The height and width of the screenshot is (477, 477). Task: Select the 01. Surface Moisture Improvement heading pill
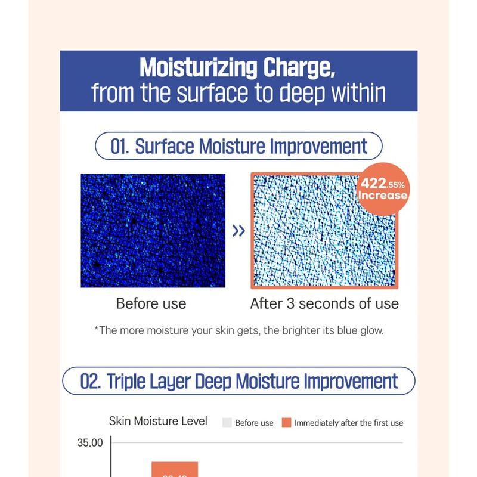(x=238, y=146)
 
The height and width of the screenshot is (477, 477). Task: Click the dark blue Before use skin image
(x=153, y=230)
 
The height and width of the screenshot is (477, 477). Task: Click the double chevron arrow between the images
(x=238, y=231)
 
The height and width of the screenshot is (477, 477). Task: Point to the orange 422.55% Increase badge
(x=383, y=188)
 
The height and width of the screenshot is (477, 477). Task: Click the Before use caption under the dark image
(x=151, y=303)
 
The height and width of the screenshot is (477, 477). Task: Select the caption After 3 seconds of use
(x=324, y=303)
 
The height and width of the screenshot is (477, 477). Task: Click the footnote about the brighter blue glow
(x=238, y=330)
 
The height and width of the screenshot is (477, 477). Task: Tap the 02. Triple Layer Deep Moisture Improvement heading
(x=238, y=381)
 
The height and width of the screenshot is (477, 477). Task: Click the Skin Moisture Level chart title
(x=158, y=421)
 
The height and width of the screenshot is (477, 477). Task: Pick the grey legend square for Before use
(x=227, y=422)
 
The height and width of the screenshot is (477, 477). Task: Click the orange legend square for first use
(x=286, y=422)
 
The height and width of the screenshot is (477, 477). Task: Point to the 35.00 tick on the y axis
(x=90, y=443)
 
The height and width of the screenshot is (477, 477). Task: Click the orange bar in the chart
(x=174, y=469)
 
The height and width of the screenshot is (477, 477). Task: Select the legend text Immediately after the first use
(x=349, y=423)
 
